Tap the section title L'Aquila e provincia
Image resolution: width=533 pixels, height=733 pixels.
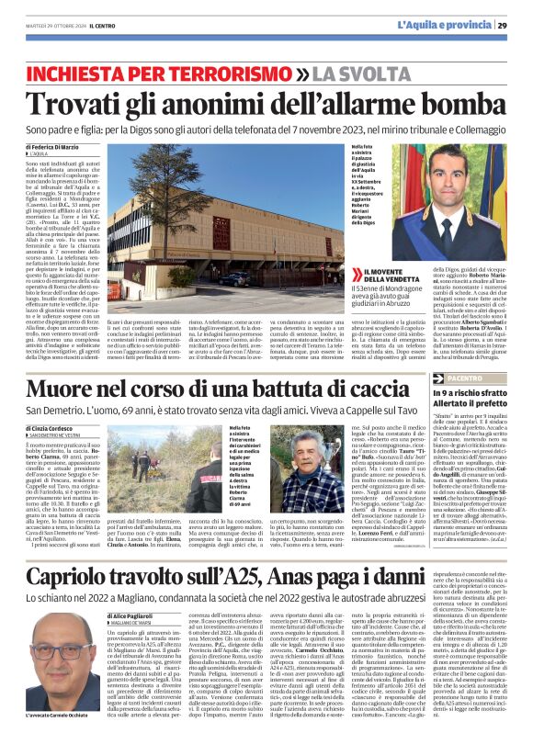[x=446, y=25]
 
